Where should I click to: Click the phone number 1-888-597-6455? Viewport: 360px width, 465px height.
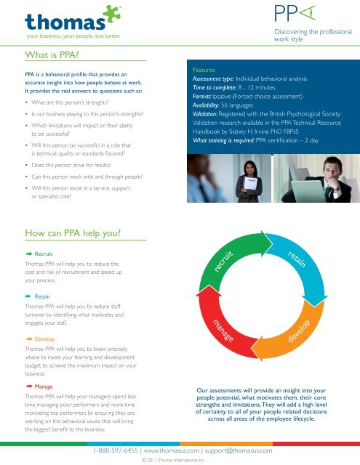119,450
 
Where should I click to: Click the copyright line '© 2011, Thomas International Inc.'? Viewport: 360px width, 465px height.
180,460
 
